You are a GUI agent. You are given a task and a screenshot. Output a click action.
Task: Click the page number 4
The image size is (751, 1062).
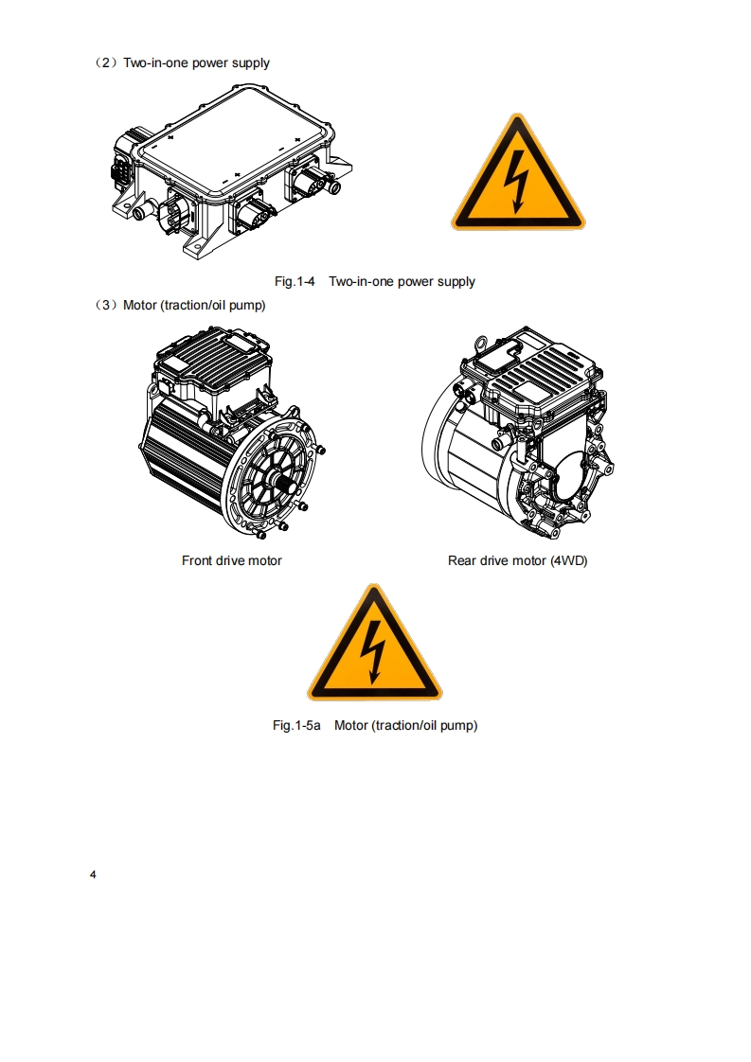[93, 875]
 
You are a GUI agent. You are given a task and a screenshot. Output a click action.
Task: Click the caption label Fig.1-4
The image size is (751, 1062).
[295, 281]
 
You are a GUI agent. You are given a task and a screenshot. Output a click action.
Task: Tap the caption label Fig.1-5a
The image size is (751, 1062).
[296, 725]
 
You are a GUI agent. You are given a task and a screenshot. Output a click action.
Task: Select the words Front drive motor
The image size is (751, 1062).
[232, 560]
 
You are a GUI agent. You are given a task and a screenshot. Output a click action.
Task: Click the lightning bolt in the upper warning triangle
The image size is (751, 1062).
[517, 181]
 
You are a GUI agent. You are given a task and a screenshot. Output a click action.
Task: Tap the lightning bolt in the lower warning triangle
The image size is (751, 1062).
[373, 651]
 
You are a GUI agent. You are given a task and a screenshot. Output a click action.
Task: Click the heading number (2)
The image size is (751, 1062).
[106, 63]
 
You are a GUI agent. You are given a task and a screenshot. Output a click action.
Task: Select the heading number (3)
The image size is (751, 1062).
[106, 306]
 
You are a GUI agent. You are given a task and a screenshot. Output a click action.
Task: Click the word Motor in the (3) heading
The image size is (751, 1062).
[139, 306]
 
